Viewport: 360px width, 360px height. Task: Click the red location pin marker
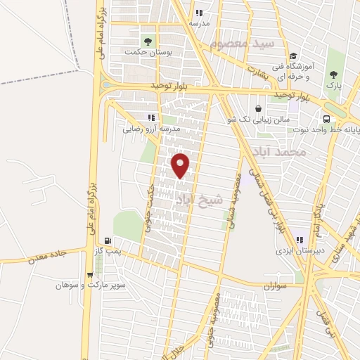(181, 165)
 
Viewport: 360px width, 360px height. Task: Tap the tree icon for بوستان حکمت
(148, 39)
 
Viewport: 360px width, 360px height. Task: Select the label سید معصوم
(245, 45)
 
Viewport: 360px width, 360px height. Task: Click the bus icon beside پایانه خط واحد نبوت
(327, 119)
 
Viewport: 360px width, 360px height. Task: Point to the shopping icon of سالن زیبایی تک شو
(259, 109)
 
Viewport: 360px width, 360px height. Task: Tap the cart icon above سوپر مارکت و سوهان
(89, 275)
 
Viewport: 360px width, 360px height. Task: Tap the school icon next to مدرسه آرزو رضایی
(150, 117)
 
